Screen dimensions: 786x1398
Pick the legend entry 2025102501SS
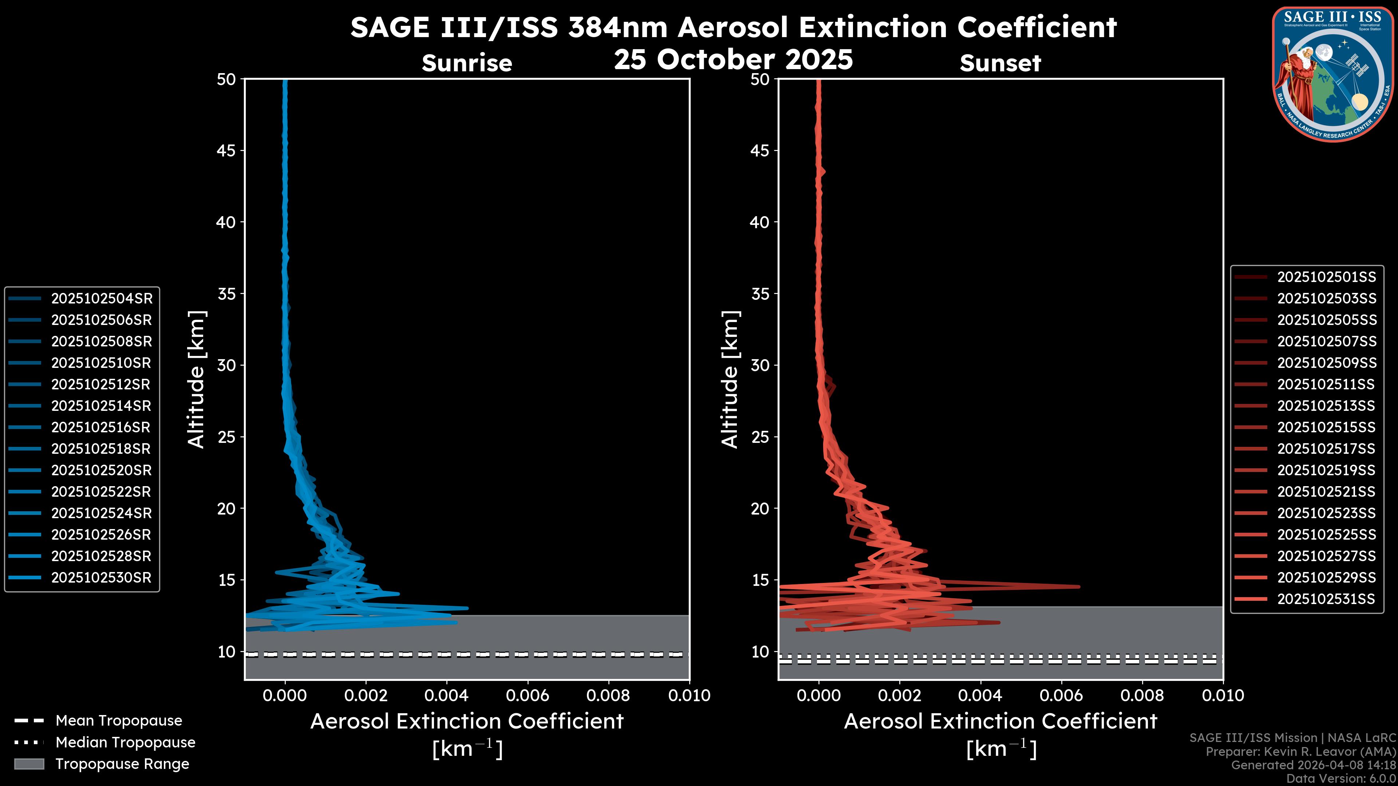(x=1326, y=277)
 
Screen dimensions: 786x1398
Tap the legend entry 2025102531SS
(x=1326, y=599)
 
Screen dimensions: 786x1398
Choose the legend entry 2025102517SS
(x=1326, y=449)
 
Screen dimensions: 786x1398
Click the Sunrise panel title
(x=467, y=63)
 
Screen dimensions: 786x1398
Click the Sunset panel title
(x=1000, y=63)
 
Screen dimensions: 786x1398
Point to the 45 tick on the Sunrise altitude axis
(x=226, y=151)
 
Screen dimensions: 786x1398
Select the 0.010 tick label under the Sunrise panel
(x=689, y=695)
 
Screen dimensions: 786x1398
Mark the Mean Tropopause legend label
(x=119, y=721)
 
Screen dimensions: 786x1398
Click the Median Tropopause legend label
(x=125, y=743)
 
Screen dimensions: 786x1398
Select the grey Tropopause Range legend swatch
(x=29, y=764)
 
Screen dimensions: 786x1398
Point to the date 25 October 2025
(x=733, y=60)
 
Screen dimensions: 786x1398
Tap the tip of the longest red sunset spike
(x=1078, y=586)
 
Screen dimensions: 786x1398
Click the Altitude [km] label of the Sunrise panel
(x=196, y=379)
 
